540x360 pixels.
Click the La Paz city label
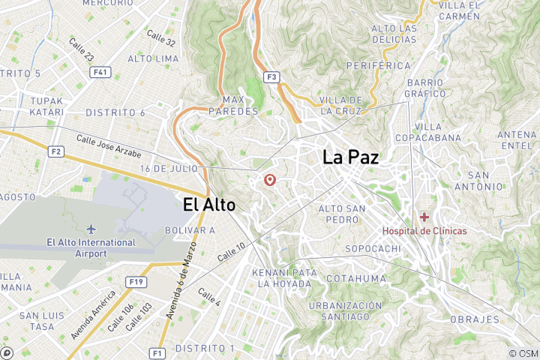[x=350, y=157]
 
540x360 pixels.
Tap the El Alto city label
[x=209, y=204]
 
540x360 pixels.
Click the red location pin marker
[x=270, y=180]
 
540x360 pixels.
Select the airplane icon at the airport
[x=91, y=228]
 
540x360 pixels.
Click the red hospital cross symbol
[x=424, y=217]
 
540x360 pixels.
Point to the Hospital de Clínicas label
[x=424, y=231]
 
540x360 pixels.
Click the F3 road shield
[x=271, y=76]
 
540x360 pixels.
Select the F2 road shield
[x=55, y=151]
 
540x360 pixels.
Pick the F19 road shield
[x=136, y=282]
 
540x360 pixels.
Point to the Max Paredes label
[x=240, y=106]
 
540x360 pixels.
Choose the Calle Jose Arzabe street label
[x=109, y=143]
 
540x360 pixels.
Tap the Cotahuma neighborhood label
[x=356, y=278]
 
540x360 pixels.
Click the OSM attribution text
[x=523, y=353]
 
